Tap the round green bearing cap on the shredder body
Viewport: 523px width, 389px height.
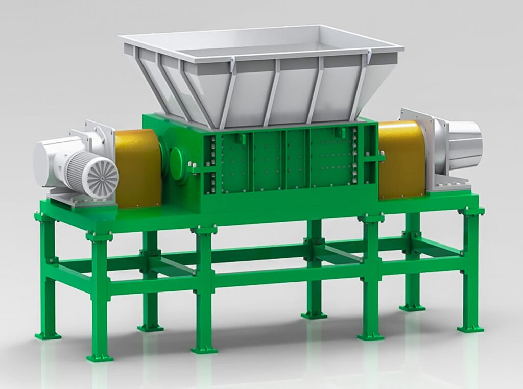click(178, 164)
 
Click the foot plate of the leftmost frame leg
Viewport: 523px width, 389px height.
click(47, 335)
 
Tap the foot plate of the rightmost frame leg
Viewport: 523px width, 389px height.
click(470, 329)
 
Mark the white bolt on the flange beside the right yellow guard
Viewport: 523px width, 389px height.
click(382, 153)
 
